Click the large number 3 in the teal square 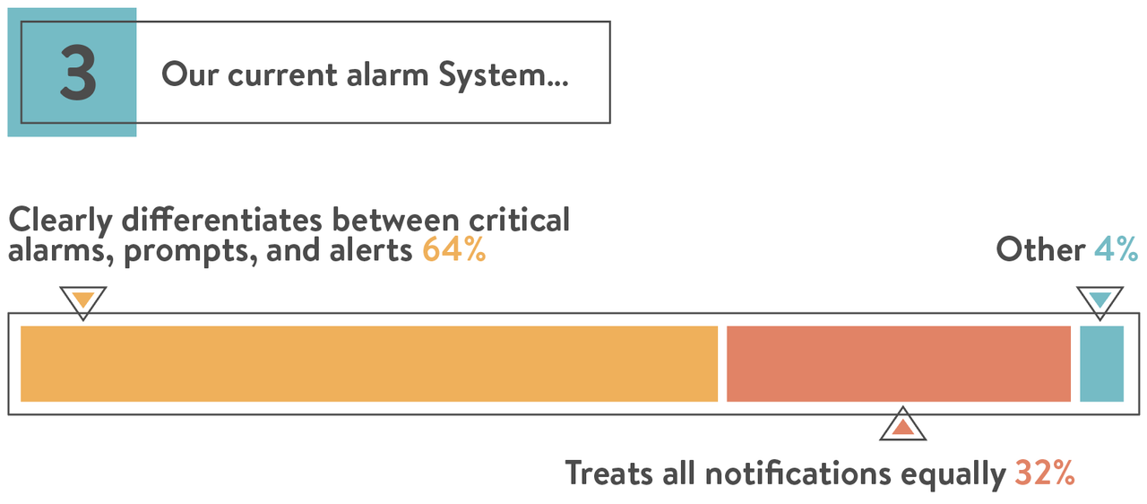(x=78, y=73)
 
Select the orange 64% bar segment (x=369, y=364)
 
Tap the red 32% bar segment (x=899, y=364)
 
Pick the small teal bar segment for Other (x=1102, y=364)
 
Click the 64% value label (x=454, y=250)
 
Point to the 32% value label (x=1045, y=473)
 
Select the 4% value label (x=1116, y=249)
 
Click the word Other (x=1040, y=249)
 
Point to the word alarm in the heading (x=387, y=74)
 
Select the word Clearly (x=60, y=221)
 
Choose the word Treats (x=608, y=473)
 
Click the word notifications (x=798, y=473)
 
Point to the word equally (x=953, y=474)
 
